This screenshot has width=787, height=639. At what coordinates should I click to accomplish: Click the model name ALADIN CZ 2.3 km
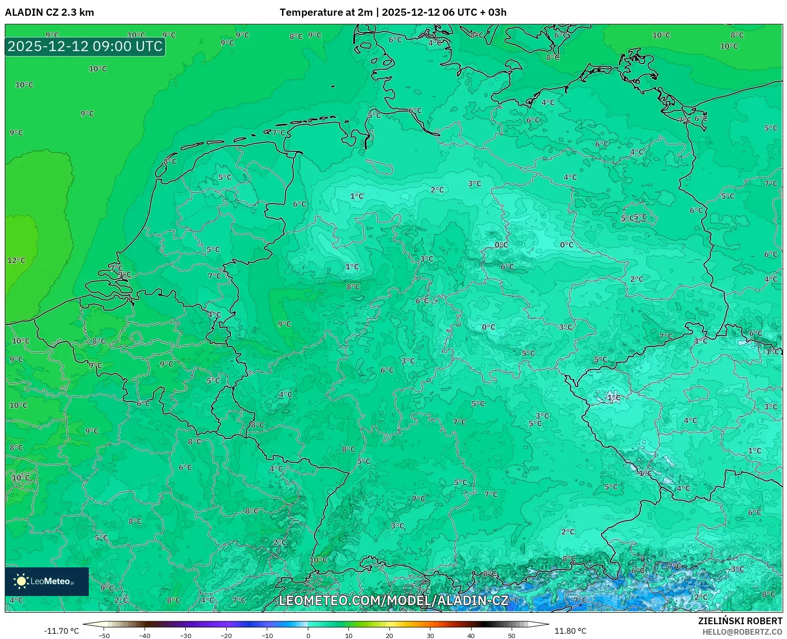pyautogui.click(x=49, y=12)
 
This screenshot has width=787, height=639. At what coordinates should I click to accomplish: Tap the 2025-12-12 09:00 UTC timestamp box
pyautogui.click(x=85, y=46)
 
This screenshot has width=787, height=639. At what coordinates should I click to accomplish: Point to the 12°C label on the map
pyautogui.click(x=16, y=260)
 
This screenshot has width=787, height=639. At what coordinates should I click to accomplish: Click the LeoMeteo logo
pyautogui.click(x=47, y=581)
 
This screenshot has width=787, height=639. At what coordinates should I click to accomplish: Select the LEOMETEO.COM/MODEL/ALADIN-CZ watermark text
pyautogui.click(x=394, y=600)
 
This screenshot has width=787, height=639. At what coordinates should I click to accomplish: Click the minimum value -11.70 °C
pyautogui.click(x=61, y=631)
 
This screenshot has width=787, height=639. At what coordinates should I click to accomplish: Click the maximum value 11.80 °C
pyautogui.click(x=570, y=631)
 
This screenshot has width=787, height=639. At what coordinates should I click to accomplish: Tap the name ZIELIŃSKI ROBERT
pyautogui.click(x=740, y=621)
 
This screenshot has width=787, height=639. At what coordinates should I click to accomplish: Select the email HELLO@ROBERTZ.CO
pyautogui.click(x=742, y=632)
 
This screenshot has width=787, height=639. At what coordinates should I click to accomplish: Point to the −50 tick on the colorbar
pyautogui.click(x=104, y=635)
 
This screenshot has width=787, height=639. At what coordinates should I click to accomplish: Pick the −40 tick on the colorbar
pyautogui.click(x=145, y=635)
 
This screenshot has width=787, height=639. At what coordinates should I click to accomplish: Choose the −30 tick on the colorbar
pyautogui.click(x=186, y=635)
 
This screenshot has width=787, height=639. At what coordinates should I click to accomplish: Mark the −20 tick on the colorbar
pyautogui.click(x=226, y=635)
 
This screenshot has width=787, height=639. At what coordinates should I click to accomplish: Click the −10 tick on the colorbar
pyautogui.click(x=267, y=635)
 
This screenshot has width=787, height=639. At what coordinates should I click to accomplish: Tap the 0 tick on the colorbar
pyautogui.click(x=308, y=635)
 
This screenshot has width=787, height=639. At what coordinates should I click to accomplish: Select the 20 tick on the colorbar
pyautogui.click(x=389, y=635)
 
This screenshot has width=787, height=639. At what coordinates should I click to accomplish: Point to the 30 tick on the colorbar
pyautogui.click(x=430, y=635)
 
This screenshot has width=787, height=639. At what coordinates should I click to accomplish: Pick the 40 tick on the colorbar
pyautogui.click(x=471, y=635)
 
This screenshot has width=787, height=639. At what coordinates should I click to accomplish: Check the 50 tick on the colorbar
pyautogui.click(x=512, y=635)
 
